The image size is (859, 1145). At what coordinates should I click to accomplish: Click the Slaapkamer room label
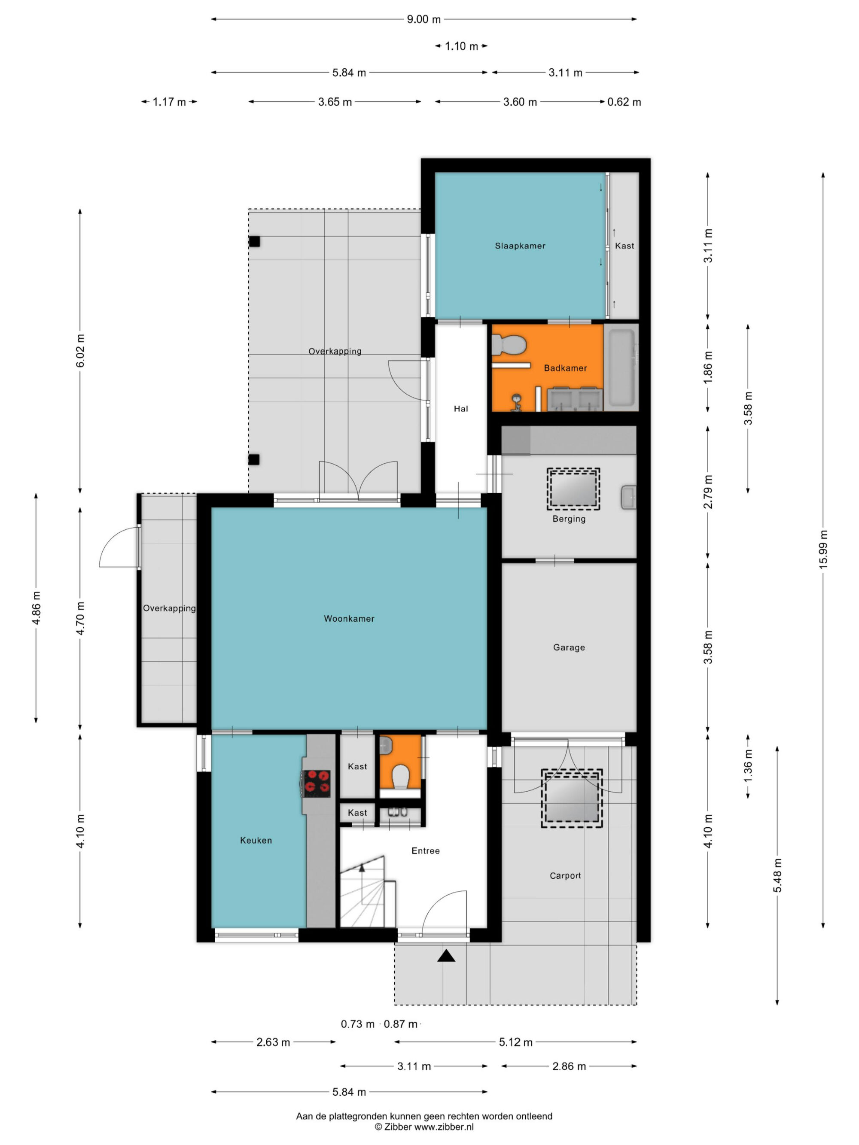(520, 246)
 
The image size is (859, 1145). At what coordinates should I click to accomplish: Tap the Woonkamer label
(349, 619)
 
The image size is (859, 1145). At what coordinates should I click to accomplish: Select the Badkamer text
(565, 368)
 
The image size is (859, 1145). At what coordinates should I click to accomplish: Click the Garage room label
(569, 647)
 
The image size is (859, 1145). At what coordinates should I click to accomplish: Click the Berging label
(569, 519)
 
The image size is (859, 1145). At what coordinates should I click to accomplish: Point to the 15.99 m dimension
(823, 550)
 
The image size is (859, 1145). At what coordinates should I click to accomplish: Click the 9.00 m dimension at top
(423, 19)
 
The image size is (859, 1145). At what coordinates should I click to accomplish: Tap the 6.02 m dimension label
(80, 351)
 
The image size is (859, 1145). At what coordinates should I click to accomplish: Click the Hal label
(461, 409)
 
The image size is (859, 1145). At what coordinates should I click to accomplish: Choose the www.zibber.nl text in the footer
(444, 1127)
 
